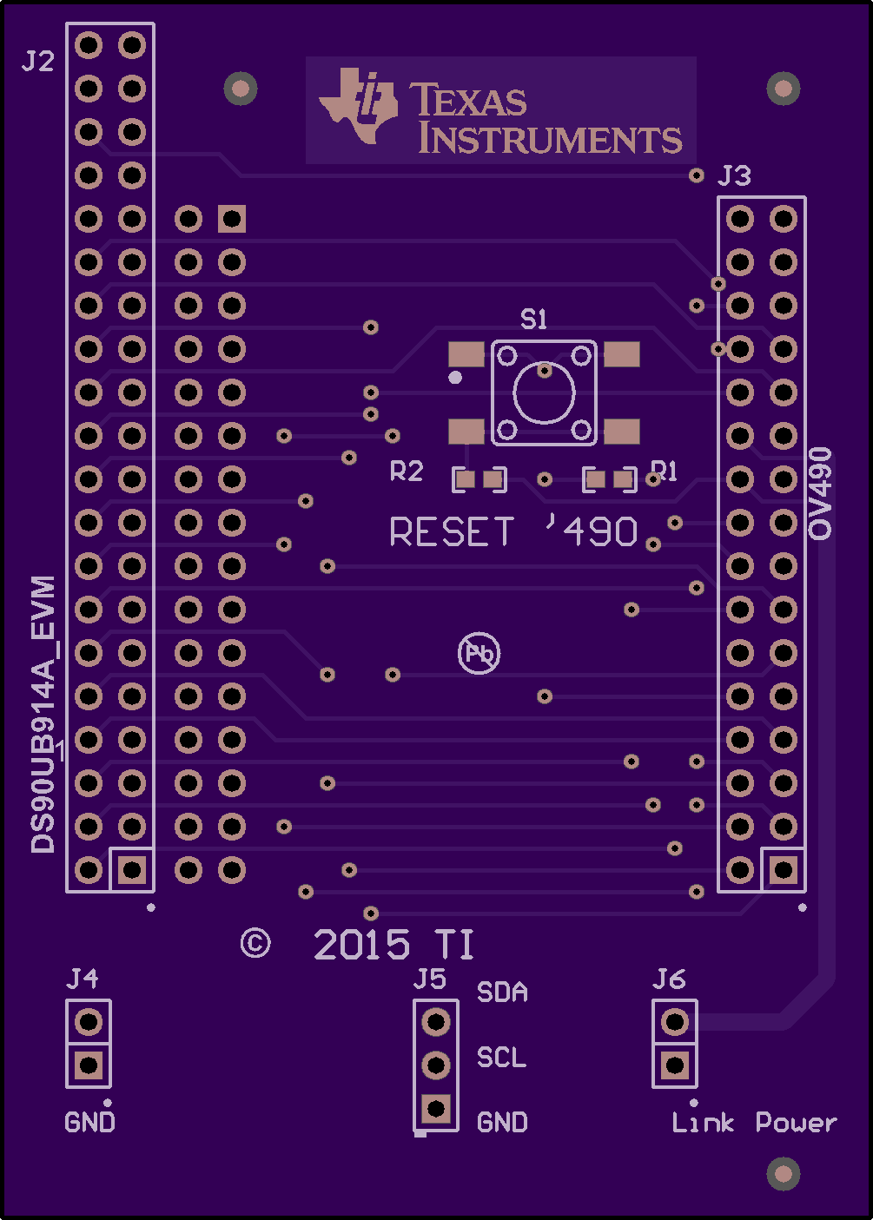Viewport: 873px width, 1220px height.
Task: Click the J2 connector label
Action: pos(37,61)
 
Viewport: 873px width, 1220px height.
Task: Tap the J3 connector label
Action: pos(734,175)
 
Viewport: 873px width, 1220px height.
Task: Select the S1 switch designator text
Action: pos(533,320)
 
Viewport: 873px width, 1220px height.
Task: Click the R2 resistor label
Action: pos(407,472)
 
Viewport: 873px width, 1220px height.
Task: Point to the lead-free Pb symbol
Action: pos(479,653)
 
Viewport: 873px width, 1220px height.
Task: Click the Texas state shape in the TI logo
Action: pos(359,106)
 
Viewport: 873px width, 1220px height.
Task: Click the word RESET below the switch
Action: pos(452,531)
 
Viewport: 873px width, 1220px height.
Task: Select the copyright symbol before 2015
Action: pos(255,943)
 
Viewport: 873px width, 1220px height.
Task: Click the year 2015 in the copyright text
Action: pos(361,944)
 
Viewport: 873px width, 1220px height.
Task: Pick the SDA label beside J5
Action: pos(502,992)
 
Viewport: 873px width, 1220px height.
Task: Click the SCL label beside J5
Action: pos(501,1057)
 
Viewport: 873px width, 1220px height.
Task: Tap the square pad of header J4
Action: pos(89,1065)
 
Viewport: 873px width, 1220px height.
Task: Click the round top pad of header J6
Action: pos(675,1022)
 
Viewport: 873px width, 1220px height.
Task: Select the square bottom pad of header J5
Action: pos(436,1108)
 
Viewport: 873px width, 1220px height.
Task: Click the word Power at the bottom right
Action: pos(797,1122)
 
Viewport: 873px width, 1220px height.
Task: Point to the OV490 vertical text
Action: pos(820,493)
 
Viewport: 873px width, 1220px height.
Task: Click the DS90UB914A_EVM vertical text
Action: pos(43,714)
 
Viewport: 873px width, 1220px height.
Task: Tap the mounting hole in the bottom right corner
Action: pos(784,1174)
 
